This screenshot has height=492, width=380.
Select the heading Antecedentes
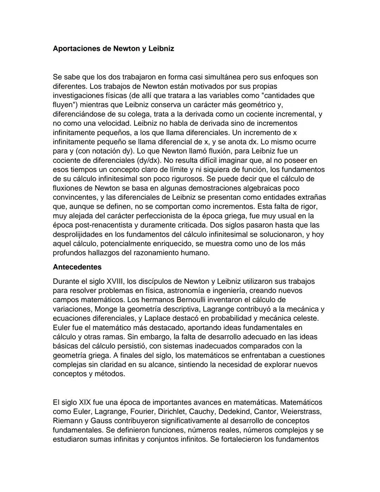(77, 267)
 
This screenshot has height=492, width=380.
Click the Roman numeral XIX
(86, 402)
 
